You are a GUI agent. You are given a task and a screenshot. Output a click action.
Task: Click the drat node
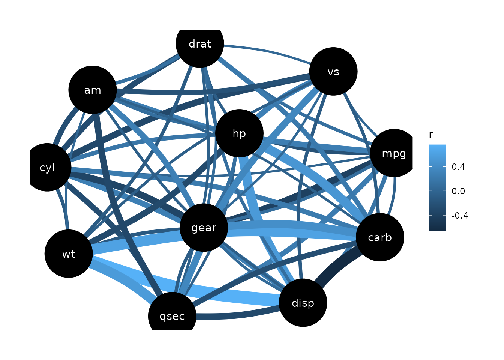[200, 43]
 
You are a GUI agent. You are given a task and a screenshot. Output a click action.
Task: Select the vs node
[333, 71]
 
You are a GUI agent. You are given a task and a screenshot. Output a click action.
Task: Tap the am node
[93, 90]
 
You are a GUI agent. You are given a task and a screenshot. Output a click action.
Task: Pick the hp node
[239, 133]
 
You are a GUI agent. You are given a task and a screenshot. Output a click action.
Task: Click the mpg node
[394, 153]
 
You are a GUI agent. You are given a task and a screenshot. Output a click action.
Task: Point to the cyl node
[47, 168]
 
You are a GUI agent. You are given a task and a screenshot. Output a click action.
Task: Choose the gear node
[204, 228]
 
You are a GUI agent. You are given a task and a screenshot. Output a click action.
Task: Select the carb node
[380, 237]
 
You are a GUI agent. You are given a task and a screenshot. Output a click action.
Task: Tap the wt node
[69, 254]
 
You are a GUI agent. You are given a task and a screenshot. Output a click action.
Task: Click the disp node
[303, 303]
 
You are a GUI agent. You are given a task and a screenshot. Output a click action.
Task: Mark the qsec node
[172, 316]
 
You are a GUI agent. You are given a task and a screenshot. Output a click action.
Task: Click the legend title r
[431, 135]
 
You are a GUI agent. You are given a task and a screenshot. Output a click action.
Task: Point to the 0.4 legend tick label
[458, 167]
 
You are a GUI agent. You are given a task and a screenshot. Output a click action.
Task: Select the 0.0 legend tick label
[458, 191]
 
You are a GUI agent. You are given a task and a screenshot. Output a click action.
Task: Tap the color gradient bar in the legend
[437, 187]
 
